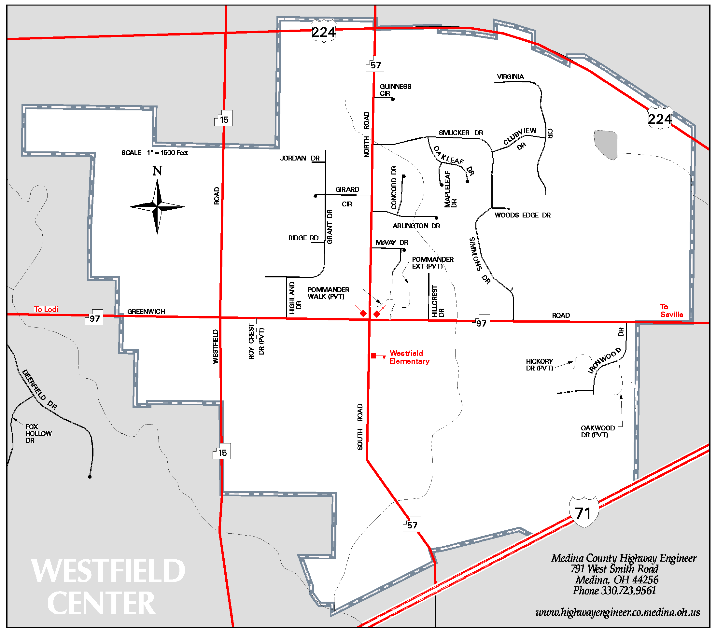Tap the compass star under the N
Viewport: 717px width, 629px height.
point(157,207)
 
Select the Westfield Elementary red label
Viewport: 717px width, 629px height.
point(409,357)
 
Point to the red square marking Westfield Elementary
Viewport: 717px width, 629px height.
point(373,356)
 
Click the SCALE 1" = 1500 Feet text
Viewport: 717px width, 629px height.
point(154,153)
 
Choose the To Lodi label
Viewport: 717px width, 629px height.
point(46,309)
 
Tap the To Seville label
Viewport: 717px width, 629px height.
point(671,311)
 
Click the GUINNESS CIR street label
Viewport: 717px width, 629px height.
point(395,90)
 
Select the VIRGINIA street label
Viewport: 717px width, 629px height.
point(510,77)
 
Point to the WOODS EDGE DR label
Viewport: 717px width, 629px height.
point(522,215)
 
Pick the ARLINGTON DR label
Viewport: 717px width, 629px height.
point(416,226)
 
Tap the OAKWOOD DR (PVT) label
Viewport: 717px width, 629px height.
point(597,431)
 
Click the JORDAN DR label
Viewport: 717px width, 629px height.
point(300,158)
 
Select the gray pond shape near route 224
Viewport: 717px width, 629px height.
point(606,144)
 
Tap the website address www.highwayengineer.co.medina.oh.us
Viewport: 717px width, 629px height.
point(617,612)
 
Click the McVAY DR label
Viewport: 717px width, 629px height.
point(391,243)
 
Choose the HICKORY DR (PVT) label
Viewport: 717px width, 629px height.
point(539,365)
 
